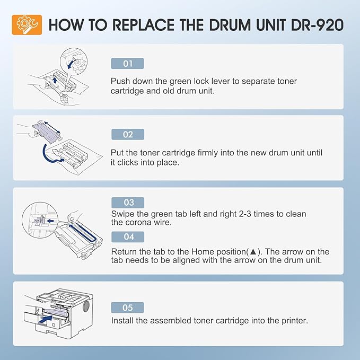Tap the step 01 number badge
(x=127, y=64)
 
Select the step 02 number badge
(x=127, y=135)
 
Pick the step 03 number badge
(x=127, y=203)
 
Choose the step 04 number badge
(x=127, y=237)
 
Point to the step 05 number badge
(x=127, y=308)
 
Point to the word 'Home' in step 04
(x=228, y=252)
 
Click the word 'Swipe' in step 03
(x=123, y=214)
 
